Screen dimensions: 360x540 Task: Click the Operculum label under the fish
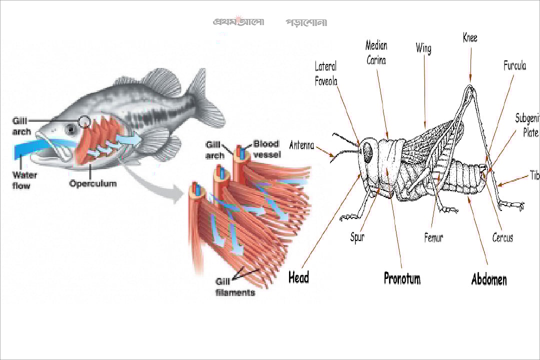tap(92, 184)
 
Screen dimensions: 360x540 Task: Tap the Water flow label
tap(21, 180)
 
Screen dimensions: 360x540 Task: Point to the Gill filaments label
tap(235, 287)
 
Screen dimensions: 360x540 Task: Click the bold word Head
tap(298, 277)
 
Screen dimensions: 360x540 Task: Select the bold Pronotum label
tap(402, 278)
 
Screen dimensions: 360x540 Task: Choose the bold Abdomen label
tap(489, 279)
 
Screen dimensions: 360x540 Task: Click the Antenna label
tap(301, 145)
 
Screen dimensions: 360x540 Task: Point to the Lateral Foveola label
tap(326, 74)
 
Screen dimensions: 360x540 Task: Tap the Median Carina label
tap(376, 52)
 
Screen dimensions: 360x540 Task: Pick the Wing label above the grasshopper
tap(423, 48)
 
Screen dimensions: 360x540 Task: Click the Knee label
tap(470, 37)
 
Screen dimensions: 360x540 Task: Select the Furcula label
tap(514, 65)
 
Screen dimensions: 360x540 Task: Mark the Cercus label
tap(502, 237)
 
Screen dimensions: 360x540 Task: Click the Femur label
tap(433, 237)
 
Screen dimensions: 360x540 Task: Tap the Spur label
tap(357, 237)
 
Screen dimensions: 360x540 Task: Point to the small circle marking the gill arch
tap(84, 121)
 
